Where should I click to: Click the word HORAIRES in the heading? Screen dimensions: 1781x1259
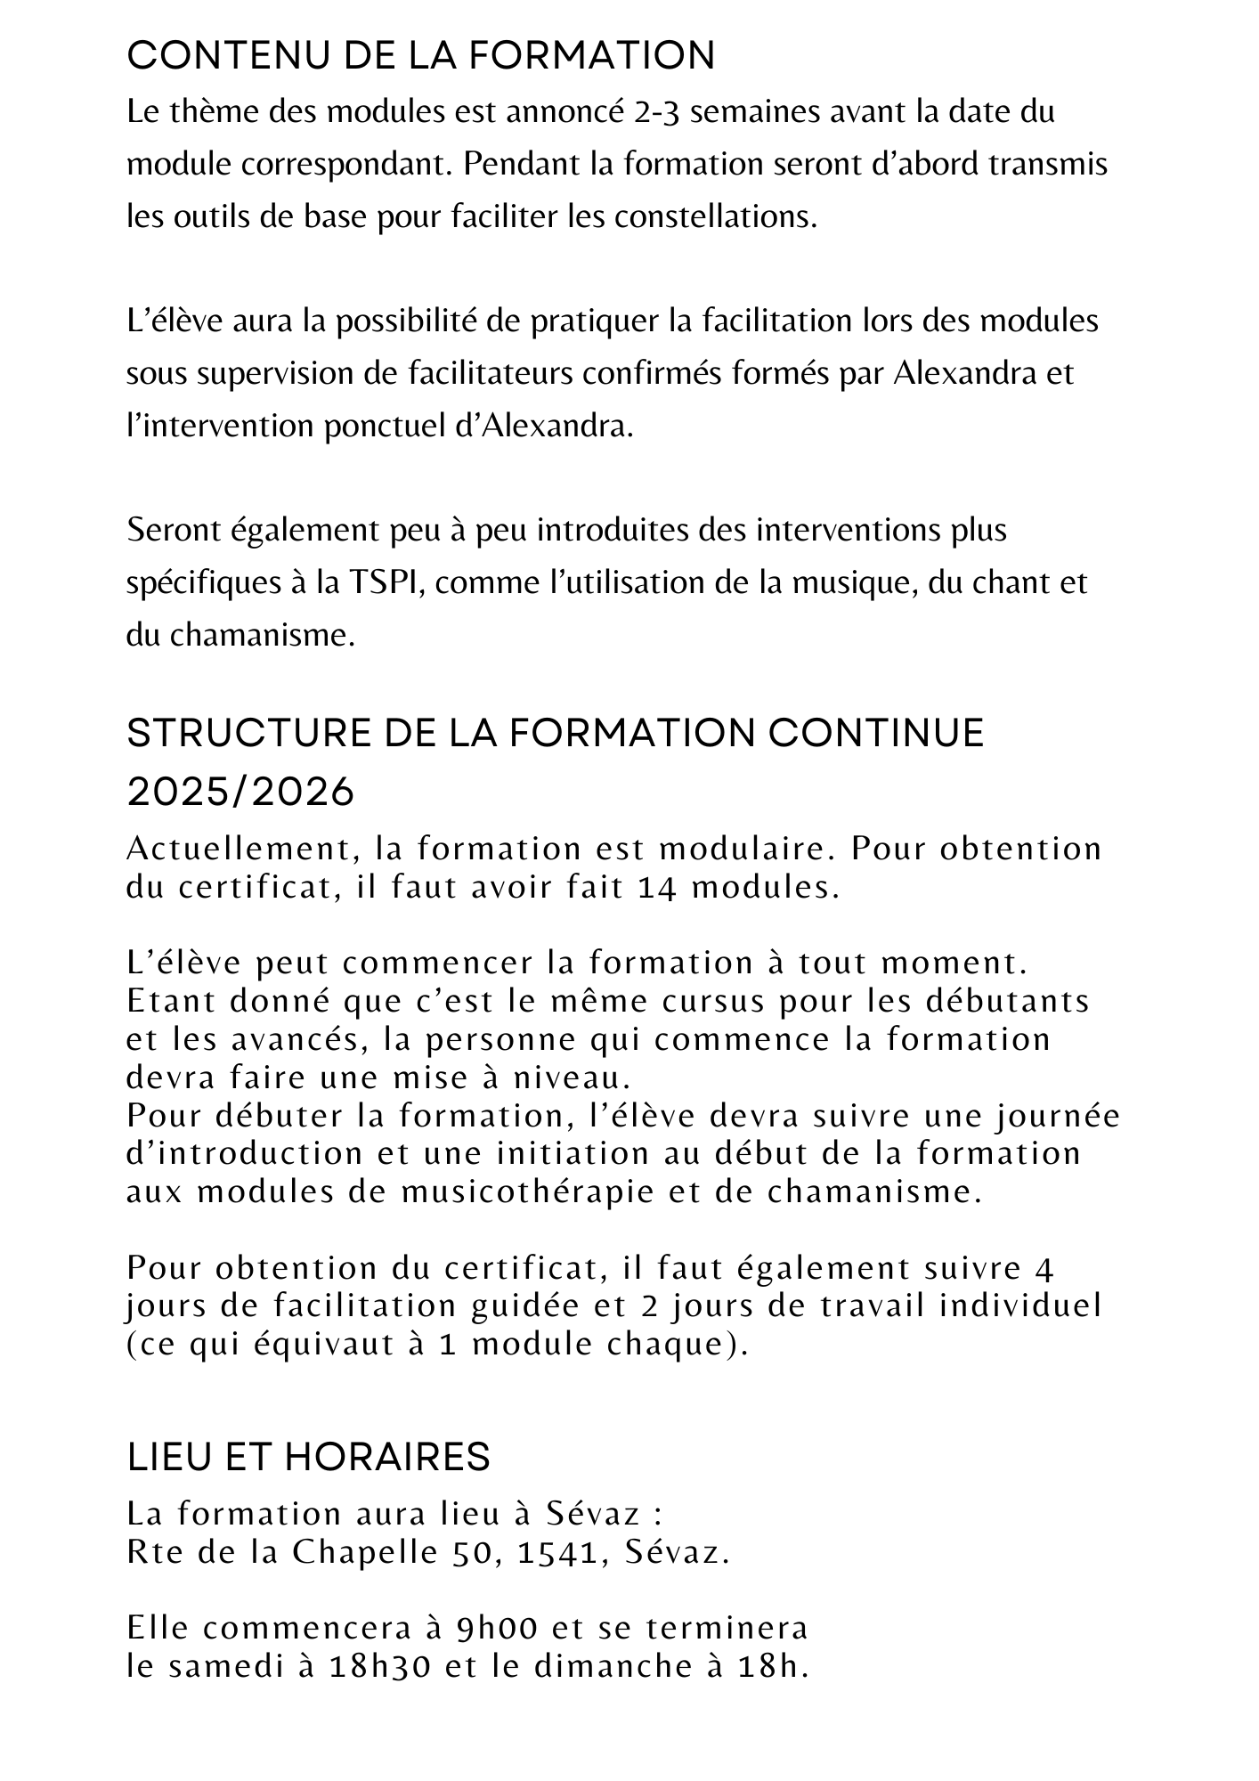tap(387, 1458)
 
